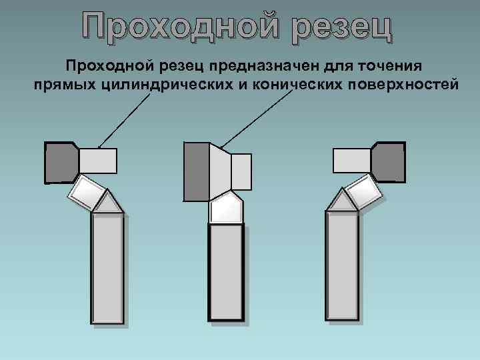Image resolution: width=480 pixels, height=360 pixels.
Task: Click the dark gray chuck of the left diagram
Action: pos(61,162)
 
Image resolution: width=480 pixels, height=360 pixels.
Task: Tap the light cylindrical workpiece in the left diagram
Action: pos(98,161)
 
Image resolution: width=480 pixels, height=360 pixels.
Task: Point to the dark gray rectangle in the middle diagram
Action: pos(196,171)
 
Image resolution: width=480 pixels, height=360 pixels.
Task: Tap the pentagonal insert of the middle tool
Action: pos(225,208)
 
